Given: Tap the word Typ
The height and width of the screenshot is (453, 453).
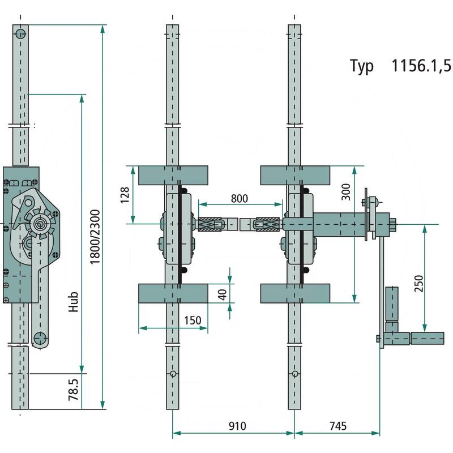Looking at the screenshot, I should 362,67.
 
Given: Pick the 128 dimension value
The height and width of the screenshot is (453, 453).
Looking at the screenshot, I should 126,195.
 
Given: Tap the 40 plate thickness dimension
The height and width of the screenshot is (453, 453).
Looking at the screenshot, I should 221,294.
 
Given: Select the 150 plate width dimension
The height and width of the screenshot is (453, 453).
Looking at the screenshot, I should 193,320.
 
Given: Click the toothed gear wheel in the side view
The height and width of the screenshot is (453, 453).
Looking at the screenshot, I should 42,223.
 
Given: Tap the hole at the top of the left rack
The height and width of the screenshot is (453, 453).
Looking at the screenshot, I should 20,33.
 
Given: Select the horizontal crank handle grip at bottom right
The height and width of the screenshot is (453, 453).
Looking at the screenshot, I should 427,339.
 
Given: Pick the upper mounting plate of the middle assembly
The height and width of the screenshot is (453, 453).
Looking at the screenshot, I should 173,174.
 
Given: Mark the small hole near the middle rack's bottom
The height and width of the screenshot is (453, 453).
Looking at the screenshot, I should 173,374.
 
